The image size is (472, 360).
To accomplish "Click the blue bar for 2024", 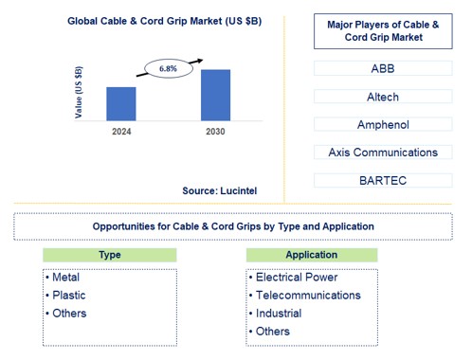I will tap(121, 103).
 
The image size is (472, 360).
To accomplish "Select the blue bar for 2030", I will tap(216, 95).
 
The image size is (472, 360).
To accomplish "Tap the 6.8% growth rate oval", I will tap(168, 69).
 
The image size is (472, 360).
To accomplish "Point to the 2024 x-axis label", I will tap(121, 131).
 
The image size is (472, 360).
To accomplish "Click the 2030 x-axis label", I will tap(216, 131).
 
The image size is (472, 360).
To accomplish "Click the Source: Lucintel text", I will tap(219, 190).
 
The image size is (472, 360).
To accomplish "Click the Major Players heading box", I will tap(383, 31).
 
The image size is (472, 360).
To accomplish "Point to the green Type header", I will tap(109, 255).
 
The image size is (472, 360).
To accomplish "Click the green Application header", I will tap(311, 255).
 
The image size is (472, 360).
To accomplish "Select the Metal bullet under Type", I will tap(66, 278).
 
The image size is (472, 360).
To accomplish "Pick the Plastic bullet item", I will tap(68, 296).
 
